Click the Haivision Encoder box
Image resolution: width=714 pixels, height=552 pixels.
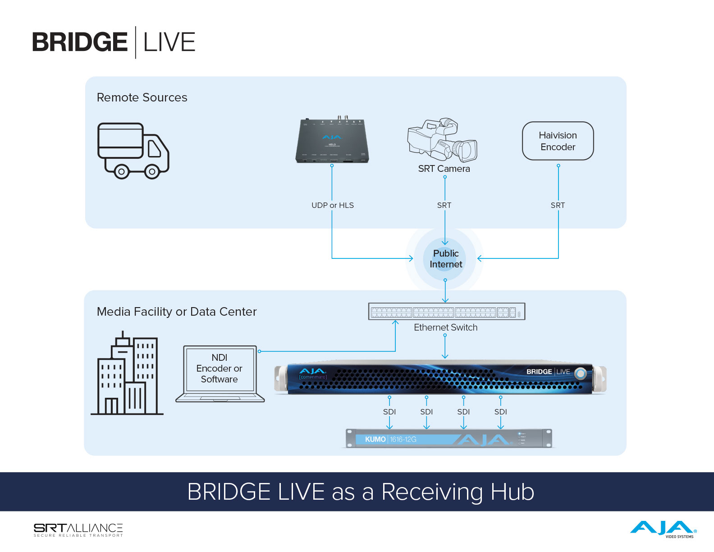coord(558,141)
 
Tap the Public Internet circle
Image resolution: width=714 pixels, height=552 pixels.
coord(445,259)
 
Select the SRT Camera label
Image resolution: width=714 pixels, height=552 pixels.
coord(444,169)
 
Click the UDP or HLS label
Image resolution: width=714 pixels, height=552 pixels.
coord(332,205)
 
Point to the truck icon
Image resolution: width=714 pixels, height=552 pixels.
coord(133,151)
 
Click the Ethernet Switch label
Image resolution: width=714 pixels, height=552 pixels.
coord(445,327)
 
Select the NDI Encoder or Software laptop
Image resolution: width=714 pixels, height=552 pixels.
coord(220,373)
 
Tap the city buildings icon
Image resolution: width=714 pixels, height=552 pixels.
coord(127,374)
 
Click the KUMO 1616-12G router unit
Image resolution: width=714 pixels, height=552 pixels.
coord(449,439)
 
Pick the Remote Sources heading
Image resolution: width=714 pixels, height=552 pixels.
coord(142,97)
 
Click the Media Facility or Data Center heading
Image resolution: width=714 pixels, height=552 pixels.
coord(177,312)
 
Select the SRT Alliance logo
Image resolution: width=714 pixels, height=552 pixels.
coord(78,530)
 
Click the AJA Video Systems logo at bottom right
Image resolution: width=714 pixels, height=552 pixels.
coord(663,529)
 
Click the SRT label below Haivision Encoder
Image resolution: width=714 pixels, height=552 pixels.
coord(558,205)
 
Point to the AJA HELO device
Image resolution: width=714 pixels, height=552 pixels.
coord(332,141)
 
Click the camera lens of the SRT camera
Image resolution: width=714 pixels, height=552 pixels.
coord(467,150)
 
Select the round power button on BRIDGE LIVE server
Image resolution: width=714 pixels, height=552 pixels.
coord(581,373)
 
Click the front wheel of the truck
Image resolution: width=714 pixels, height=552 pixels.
coord(152,172)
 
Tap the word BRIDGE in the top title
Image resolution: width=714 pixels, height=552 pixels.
coord(80,42)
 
